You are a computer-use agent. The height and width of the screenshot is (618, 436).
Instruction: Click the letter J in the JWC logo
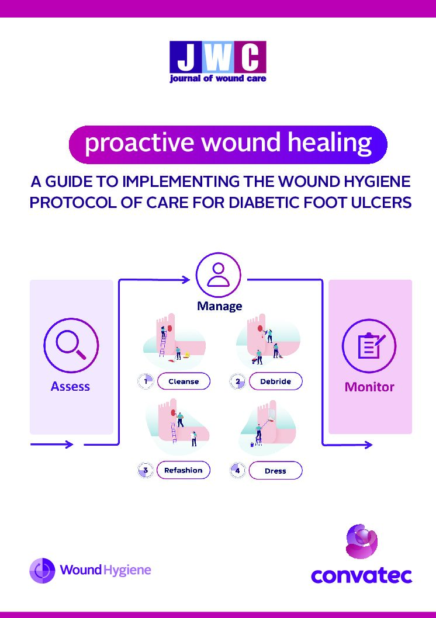(186, 58)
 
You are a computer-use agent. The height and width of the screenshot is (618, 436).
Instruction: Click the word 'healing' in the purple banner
(330, 143)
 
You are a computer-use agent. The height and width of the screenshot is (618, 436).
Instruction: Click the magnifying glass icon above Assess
(71, 345)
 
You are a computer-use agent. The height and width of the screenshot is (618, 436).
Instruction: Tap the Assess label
(71, 386)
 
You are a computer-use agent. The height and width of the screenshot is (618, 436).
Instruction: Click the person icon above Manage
(219, 275)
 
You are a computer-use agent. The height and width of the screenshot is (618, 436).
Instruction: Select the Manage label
(220, 306)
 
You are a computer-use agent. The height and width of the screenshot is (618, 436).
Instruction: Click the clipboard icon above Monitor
(369, 346)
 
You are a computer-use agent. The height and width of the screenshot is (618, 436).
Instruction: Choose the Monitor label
(369, 387)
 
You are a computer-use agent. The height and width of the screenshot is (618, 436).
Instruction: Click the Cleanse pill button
(184, 381)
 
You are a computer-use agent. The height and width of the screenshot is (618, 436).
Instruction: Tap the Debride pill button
(275, 381)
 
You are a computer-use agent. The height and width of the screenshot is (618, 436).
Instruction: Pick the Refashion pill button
(184, 470)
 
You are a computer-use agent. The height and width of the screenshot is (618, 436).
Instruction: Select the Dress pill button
(275, 471)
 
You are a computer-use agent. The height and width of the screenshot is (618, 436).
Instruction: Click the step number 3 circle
(146, 470)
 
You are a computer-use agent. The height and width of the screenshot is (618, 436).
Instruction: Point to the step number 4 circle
(237, 471)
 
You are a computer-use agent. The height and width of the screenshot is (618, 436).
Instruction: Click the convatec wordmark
(362, 576)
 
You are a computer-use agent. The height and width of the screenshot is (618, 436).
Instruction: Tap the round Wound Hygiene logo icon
(42, 570)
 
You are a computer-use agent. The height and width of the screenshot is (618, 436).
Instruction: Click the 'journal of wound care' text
(218, 78)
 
